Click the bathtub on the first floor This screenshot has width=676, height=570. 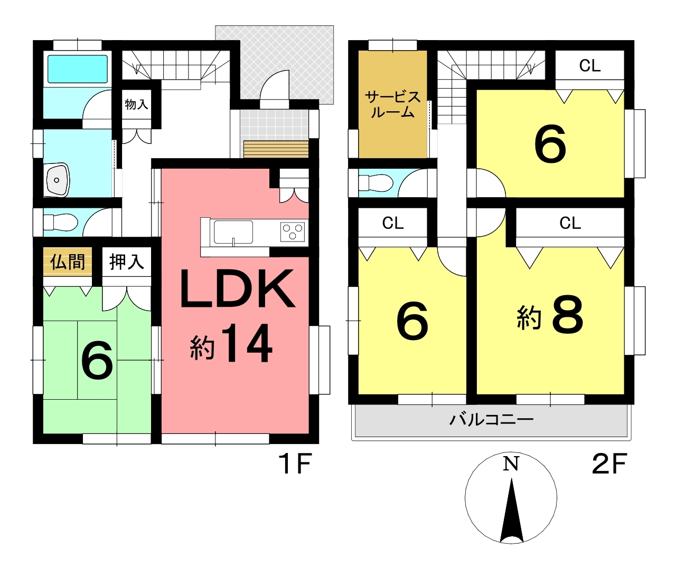pyautogui.click(x=78, y=69)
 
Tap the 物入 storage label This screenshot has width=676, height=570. pyautogui.click(x=137, y=104)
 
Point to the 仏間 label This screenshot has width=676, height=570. pyautogui.click(x=68, y=262)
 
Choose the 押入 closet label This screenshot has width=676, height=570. pyautogui.click(x=127, y=262)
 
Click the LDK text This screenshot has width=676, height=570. pyautogui.click(x=237, y=289)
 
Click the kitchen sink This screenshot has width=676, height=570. pyautogui.click(x=233, y=232)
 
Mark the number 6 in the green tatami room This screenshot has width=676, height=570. pyautogui.click(x=97, y=361)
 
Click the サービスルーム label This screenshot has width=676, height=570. pyautogui.click(x=393, y=104)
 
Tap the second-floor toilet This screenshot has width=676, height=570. pyautogui.click(x=376, y=182)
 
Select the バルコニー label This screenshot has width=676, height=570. pyautogui.click(x=491, y=420)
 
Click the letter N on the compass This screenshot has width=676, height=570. pyautogui.click(x=511, y=463)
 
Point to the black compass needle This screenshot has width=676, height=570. pyautogui.click(x=512, y=510)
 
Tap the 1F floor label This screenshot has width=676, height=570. pyautogui.click(x=296, y=463)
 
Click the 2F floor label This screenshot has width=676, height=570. pyautogui.click(x=609, y=463)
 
